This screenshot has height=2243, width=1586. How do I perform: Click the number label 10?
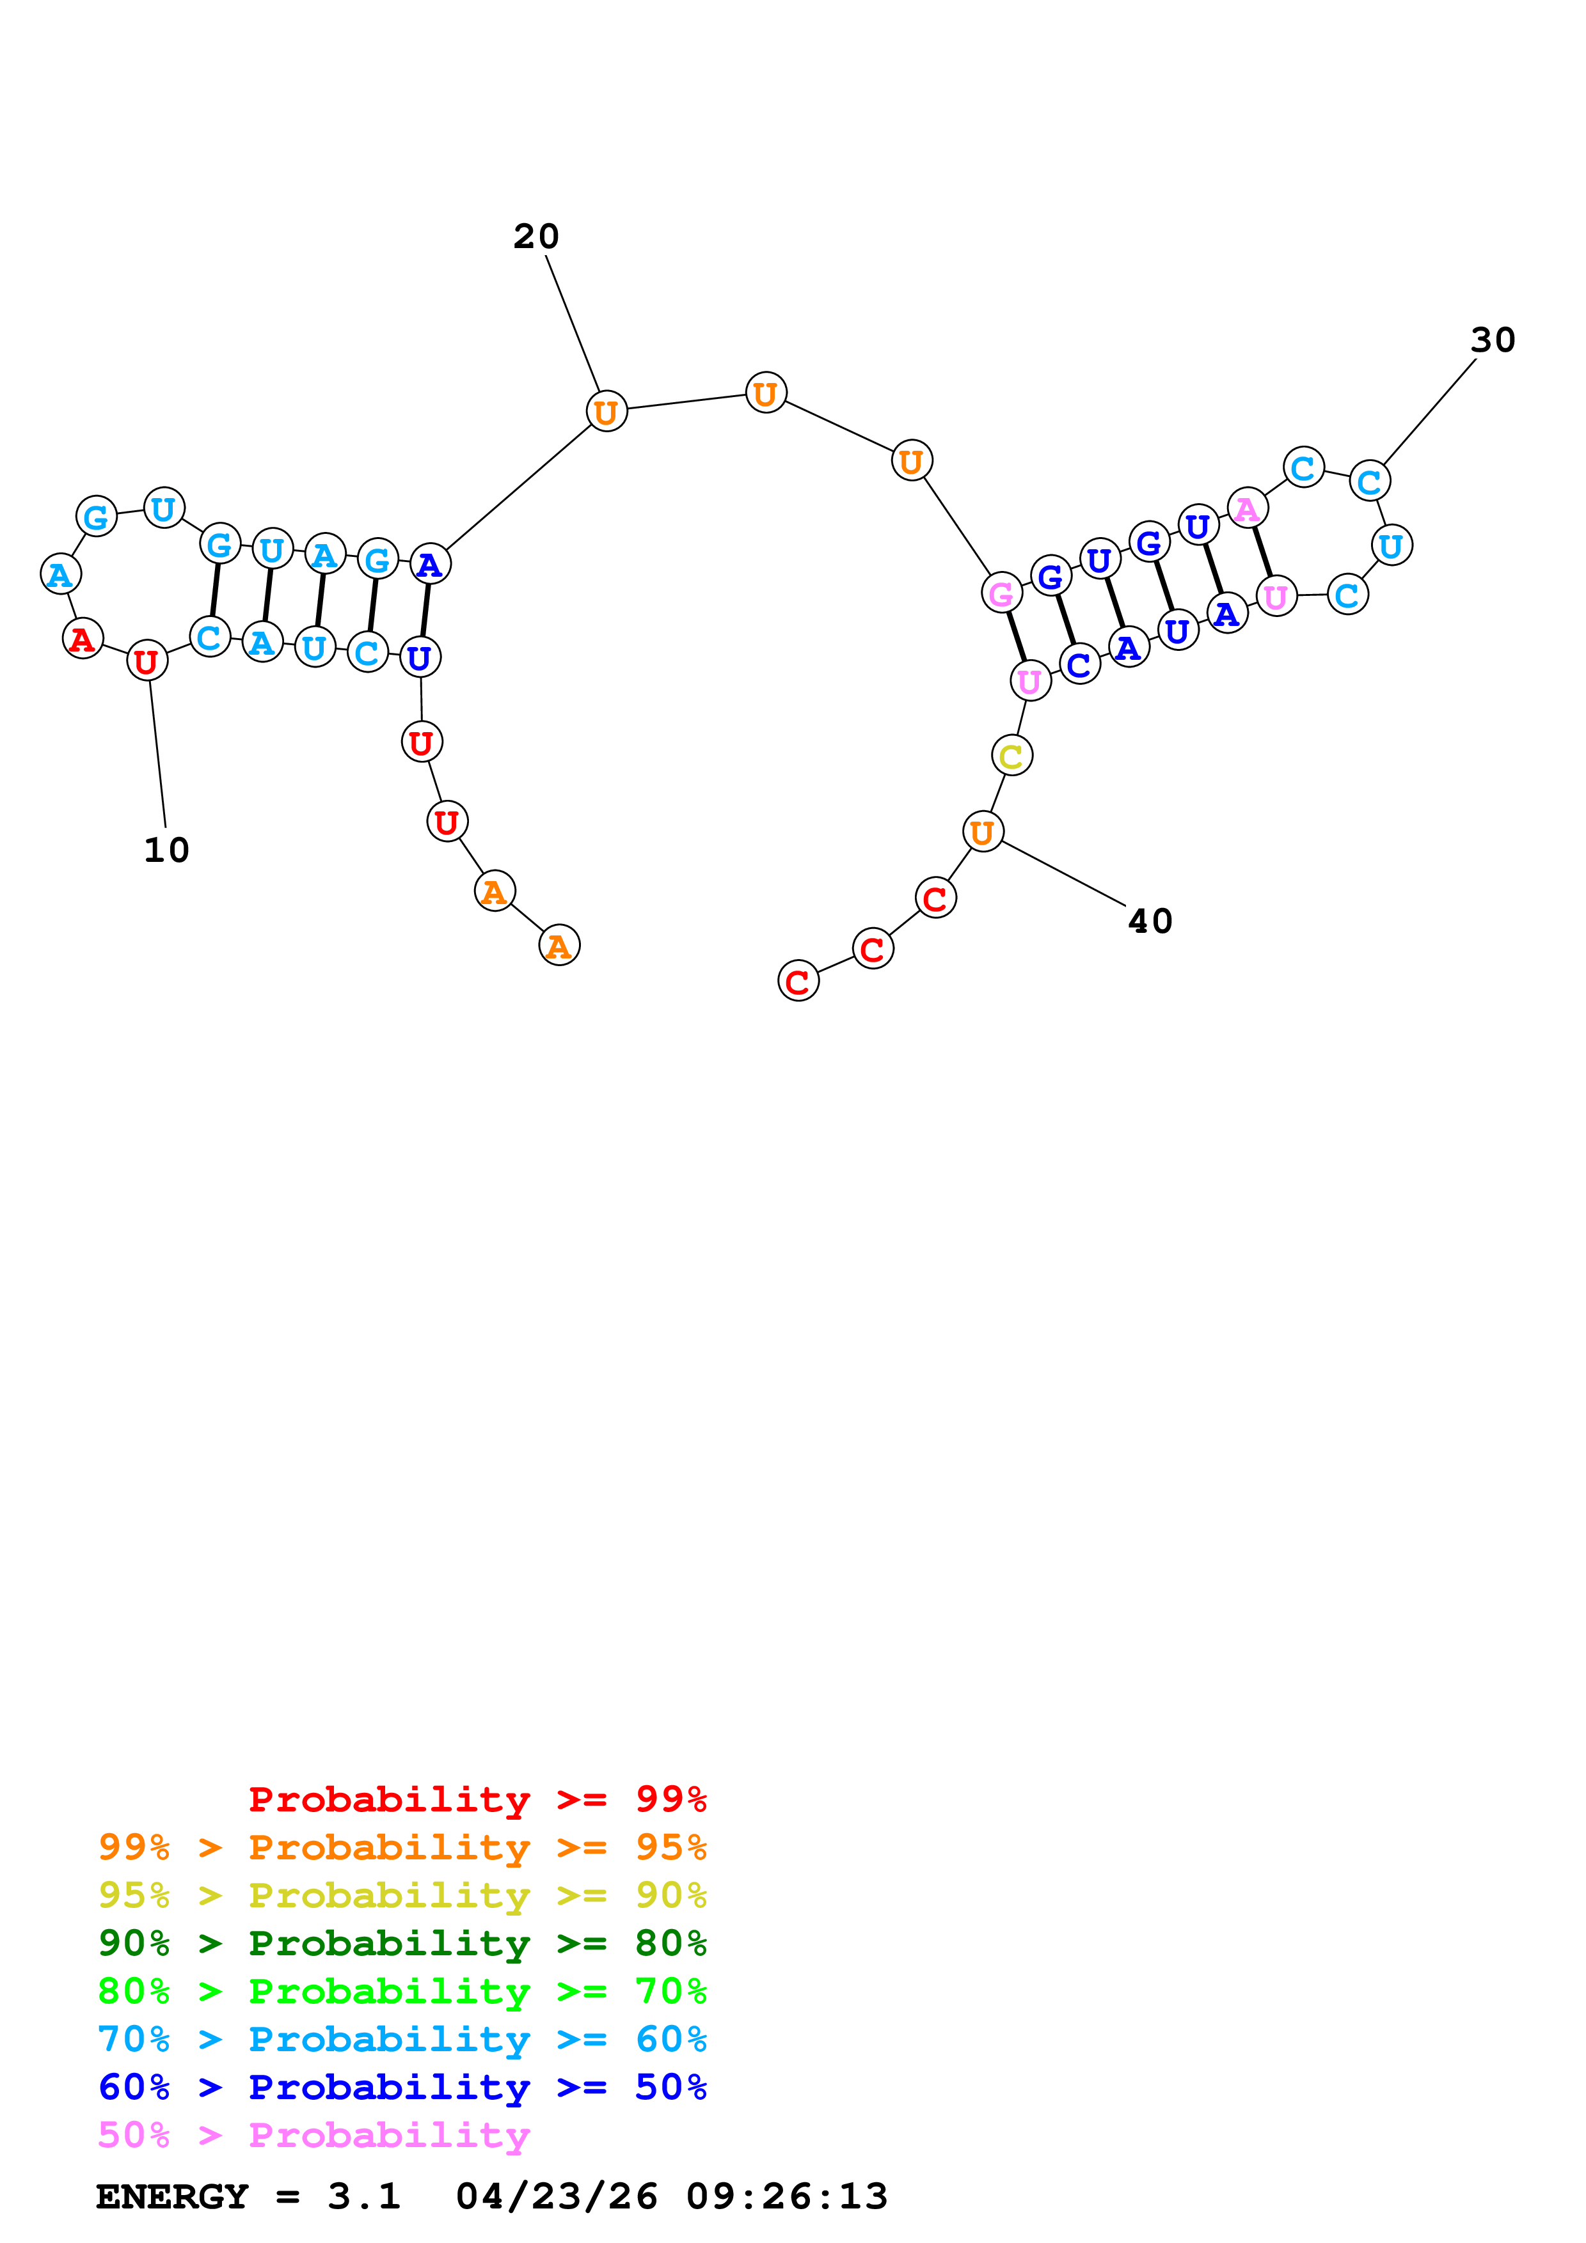coord(166,850)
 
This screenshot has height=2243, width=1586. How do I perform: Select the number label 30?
coord(1492,340)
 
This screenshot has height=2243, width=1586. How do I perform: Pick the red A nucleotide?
coord(83,639)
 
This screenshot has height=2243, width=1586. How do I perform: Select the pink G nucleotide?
coord(1002,593)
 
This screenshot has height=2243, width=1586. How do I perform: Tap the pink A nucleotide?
coord(1247,509)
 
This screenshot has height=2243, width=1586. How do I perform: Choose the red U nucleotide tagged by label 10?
coord(147,661)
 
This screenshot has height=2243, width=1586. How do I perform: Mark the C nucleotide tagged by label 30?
coord(1369,481)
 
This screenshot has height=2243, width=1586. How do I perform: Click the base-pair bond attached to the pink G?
coord(1017,637)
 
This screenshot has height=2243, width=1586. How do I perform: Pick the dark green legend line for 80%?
coord(402,1943)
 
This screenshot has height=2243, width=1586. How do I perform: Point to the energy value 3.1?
coord(363,2196)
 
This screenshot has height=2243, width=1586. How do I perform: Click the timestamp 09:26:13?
coord(787,2196)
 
